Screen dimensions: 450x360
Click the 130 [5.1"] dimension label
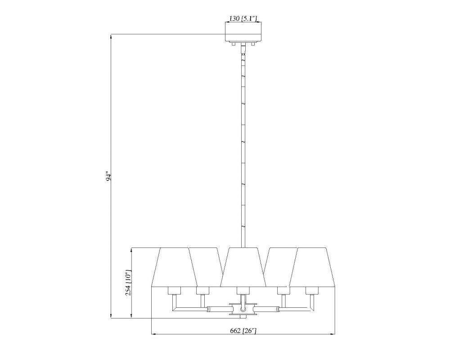[243, 18]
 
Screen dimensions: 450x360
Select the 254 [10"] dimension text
[128, 283]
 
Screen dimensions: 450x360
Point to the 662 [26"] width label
[243, 330]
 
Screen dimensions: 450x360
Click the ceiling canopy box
[243, 32]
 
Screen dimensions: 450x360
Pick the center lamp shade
[243, 267]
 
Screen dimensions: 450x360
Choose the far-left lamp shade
[175, 267]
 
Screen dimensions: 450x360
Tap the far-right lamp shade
[312, 267]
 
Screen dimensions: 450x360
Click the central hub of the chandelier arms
[243, 309]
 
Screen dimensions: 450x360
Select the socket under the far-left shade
[174, 291]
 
